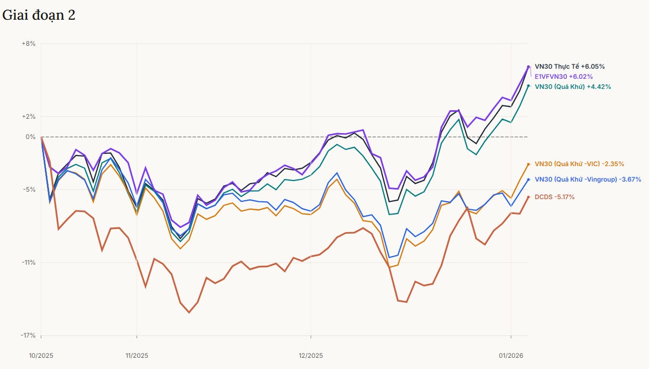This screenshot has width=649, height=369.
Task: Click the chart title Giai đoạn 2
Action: [x=38, y=15]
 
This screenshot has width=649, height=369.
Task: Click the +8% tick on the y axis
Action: [x=28, y=44]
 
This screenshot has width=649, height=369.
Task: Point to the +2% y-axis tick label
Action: [x=28, y=117]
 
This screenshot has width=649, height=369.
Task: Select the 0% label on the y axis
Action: [x=30, y=137]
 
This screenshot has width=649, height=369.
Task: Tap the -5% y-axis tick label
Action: [x=29, y=190]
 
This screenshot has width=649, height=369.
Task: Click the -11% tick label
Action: [x=28, y=263]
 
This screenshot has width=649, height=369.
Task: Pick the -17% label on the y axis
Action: [x=28, y=335]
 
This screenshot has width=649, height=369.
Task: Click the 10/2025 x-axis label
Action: [x=41, y=356]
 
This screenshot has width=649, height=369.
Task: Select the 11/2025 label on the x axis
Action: [x=137, y=356]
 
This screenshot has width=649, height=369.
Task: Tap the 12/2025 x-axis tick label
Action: [x=311, y=356]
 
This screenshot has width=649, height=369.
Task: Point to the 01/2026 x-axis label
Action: [x=511, y=356]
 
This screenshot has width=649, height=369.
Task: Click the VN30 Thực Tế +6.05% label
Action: [x=570, y=67]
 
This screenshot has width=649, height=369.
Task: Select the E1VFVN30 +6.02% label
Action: [x=564, y=77]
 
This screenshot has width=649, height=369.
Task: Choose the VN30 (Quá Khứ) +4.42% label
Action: [x=573, y=87]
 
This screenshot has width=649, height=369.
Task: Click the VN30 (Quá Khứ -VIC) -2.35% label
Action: [x=579, y=164]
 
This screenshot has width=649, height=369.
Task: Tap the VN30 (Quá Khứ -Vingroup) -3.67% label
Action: [x=588, y=179]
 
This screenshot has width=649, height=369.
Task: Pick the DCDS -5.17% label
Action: [x=554, y=197]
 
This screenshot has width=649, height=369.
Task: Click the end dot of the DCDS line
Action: [x=528, y=197]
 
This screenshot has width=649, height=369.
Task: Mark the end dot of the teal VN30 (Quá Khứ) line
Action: [x=528, y=86]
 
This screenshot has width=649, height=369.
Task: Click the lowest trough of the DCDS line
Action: [x=189, y=313]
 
